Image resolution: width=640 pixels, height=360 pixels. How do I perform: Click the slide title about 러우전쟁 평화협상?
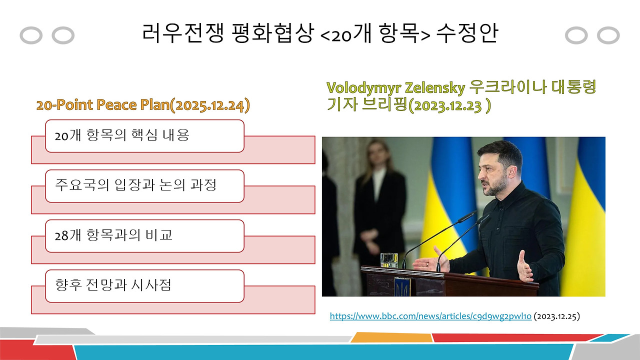click(x=320, y=34)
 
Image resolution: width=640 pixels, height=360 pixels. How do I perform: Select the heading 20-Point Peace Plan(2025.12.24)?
click(x=143, y=105)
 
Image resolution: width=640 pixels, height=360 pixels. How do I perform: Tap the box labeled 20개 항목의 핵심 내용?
click(x=144, y=135)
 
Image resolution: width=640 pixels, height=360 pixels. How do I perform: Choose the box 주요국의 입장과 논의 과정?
click(x=144, y=185)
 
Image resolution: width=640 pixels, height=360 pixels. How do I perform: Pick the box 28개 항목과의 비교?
click(x=144, y=235)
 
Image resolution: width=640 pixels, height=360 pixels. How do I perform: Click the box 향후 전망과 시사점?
click(x=144, y=285)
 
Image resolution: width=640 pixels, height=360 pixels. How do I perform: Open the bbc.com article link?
click(x=430, y=316)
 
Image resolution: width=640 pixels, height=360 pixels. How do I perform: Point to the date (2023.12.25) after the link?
click(x=557, y=316)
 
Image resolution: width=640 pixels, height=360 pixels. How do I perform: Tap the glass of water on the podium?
click(x=388, y=260)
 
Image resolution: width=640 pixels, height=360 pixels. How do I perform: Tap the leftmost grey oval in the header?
click(x=31, y=35)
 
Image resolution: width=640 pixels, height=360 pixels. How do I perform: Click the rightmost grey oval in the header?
click(x=608, y=35)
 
